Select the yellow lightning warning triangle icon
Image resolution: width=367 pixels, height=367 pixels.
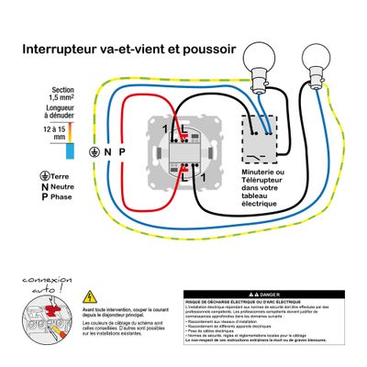coord(89,297)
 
